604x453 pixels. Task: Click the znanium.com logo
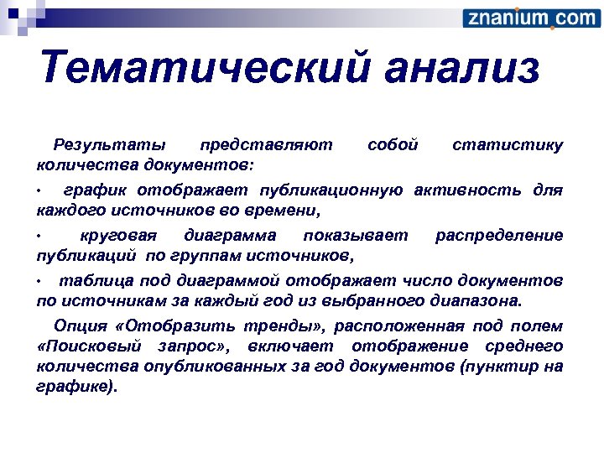coord(530,18)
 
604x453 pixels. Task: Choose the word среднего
coord(524,346)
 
